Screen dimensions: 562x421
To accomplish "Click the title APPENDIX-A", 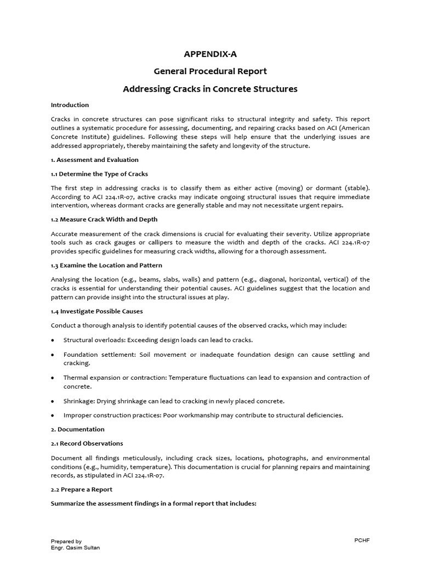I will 210,54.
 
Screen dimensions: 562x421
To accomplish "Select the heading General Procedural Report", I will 210,71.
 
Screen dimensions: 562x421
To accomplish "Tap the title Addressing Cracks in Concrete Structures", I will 210,89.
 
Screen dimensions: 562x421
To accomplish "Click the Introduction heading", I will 70,105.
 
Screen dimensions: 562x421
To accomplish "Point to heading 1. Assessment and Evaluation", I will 94,160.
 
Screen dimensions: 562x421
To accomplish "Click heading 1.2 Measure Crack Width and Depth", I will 104,220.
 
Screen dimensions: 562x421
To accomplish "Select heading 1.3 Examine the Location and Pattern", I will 106,266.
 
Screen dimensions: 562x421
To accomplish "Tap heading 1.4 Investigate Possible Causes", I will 97,311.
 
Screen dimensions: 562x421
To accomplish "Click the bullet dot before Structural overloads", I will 53,340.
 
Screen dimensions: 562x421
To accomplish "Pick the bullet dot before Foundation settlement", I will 53,355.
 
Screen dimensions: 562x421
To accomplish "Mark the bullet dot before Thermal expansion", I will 53,378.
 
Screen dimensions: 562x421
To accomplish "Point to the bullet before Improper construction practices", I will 53,415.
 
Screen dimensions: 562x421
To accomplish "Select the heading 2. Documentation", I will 77,429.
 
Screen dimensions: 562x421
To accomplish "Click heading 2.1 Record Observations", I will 87,443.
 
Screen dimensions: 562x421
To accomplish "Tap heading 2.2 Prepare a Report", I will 81,490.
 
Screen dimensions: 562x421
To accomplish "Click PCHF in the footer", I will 362,541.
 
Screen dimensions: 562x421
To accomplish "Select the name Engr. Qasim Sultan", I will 73,548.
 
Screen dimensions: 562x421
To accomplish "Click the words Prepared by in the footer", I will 66,541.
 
